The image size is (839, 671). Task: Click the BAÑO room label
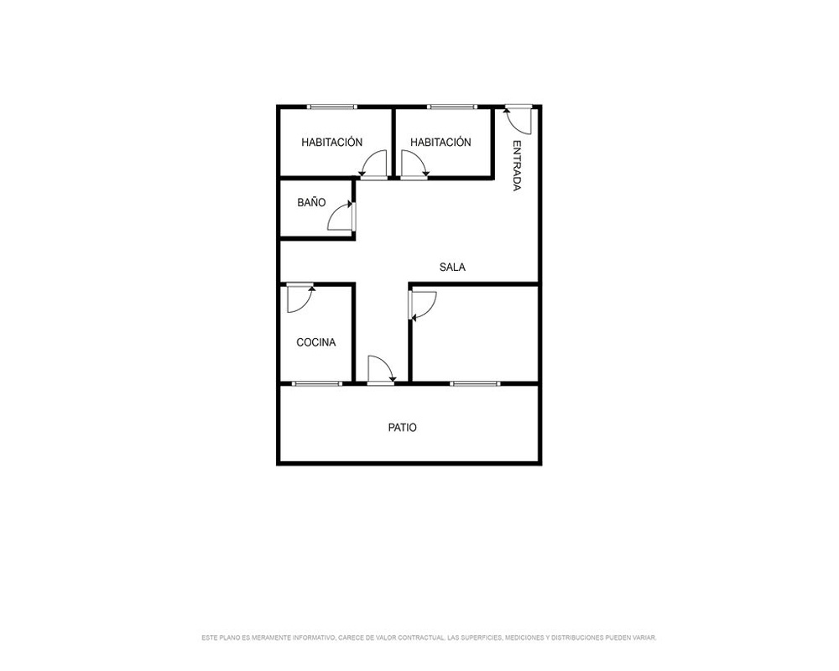pyautogui.click(x=311, y=202)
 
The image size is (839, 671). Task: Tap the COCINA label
pyautogui.click(x=316, y=342)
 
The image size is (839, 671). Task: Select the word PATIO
pyautogui.click(x=403, y=428)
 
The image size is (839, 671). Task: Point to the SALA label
pyautogui.click(x=452, y=267)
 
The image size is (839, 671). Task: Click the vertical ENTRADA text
pyautogui.click(x=517, y=165)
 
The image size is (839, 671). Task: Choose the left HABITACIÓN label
pyautogui.click(x=331, y=142)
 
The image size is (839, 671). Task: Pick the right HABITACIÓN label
pyautogui.click(x=440, y=142)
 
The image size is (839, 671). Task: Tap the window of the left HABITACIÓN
pyautogui.click(x=331, y=107)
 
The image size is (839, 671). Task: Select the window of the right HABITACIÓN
pyautogui.click(x=451, y=107)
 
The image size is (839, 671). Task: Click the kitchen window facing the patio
pyautogui.click(x=317, y=383)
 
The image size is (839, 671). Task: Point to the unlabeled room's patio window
pyautogui.click(x=475, y=383)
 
